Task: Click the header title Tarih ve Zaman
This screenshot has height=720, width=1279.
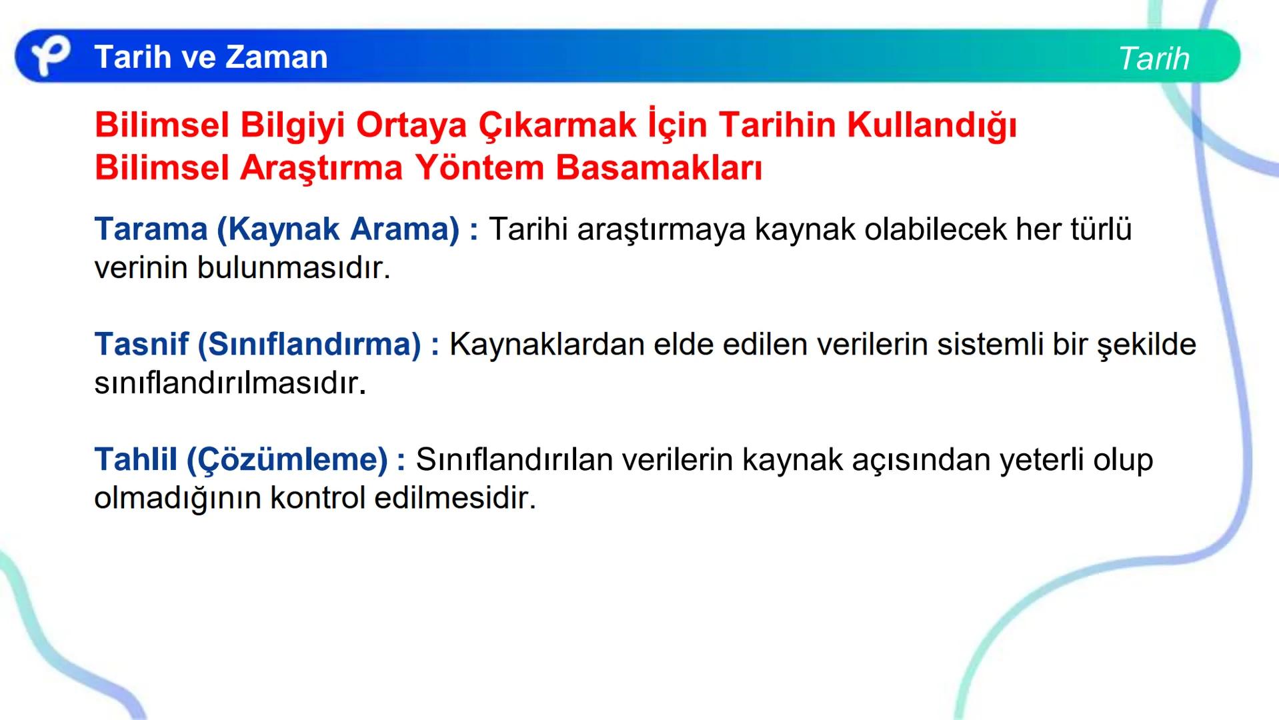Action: [211, 57]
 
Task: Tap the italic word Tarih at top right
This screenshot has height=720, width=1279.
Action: [1154, 59]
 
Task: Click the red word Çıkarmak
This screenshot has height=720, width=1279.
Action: [557, 125]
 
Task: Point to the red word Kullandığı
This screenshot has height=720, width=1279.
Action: [932, 125]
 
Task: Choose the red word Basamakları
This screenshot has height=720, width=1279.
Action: [658, 168]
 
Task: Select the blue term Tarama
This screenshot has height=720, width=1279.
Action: [151, 229]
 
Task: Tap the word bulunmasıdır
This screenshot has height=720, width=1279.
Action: [293, 268]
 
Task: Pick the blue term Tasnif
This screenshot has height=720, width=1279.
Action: [141, 345]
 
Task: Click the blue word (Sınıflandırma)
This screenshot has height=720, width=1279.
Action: [309, 345]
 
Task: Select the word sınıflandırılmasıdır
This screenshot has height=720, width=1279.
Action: [230, 383]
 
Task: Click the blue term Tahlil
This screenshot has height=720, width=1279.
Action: [135, 460]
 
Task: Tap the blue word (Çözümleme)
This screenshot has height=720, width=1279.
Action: [287, 460]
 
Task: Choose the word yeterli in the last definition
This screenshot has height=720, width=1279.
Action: [1041, 460]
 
